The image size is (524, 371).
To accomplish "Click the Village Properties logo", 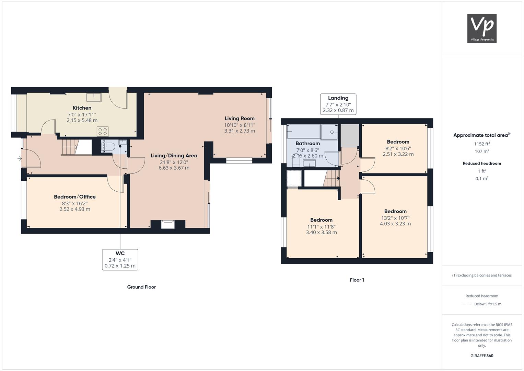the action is coord(482,28).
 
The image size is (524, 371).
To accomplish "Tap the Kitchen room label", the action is coord(82,108).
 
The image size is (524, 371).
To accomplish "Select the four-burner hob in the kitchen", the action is coord(103,131).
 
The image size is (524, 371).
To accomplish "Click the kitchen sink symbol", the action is coord(94,97).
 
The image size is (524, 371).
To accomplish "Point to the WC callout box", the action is coord(120,260).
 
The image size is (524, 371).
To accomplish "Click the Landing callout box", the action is coord(338,104).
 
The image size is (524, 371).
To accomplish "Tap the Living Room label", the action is coord(240,119).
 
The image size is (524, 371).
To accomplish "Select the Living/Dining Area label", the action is coord(174,156).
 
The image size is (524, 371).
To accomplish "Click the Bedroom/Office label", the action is coord(74,197).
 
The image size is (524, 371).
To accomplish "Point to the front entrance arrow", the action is coord(20,159).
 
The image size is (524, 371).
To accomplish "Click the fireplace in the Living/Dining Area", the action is coord(168,224).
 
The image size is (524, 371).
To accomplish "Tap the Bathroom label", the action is coord(307,144).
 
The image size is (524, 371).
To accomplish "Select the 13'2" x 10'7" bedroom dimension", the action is coord(395,218).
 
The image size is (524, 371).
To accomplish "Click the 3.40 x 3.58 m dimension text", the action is coord(322,232).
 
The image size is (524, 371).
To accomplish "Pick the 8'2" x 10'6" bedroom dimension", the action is coord(398,148).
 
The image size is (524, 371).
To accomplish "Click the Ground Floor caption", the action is coord(141,287).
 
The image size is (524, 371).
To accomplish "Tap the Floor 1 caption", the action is coord(357,280).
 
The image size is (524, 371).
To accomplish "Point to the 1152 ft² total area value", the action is coord(482,144).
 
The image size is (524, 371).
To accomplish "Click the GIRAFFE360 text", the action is coord(482,356).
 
